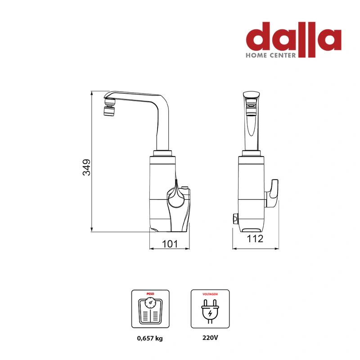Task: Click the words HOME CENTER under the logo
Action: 271,55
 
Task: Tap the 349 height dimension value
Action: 86,167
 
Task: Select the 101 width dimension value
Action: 170,244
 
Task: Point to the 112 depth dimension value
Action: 255,239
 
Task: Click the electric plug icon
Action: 210,311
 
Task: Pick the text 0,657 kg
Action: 150,338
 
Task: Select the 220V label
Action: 210,338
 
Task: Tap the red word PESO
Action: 150,294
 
